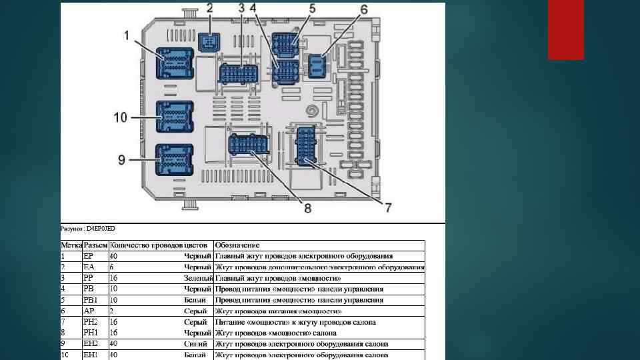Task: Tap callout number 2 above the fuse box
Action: pyautogui.click(x=209, y=9)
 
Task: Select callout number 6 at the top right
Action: pyautogui.click(x=364, y=9)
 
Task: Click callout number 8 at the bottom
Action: pyautogui.click(x=307, y=208)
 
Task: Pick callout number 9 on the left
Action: pyautogui.click(x=121, y=159)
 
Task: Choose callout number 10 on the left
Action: pyautogui.click(x=120, y=117)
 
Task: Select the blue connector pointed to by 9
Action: pyautogui.click(x=174, y=159)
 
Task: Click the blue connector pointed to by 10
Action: pyautogui.click(x=174, y=117)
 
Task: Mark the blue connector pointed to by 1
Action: pyautogui.click(x=175, y=65)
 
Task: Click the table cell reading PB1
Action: pyautogui.click(x=89, y=300)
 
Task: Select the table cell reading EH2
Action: pyautogui.click(x=90, y=344)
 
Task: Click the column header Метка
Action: pyautogui.click(x=71, y=245)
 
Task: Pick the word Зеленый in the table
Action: pyautogui.click(x=198, y=278)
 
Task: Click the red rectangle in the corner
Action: pyautogui.click(x=565, y=29)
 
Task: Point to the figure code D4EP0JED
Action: pyautogui.click(x=101, y=229)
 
